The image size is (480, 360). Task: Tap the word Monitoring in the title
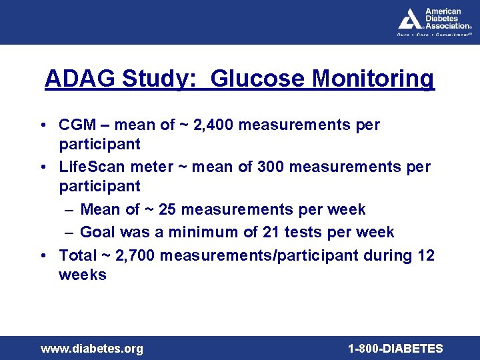pyautogui.click(x=373, y=79)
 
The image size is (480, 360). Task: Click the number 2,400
pyautogui.click(x=212, y=125)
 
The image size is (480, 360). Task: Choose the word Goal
pyautogui.click(x=97, y=232)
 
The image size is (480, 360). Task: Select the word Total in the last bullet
pyautogui.click(x=78, y=255)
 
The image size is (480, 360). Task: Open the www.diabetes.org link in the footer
pyautogui.click(x=91, y=349)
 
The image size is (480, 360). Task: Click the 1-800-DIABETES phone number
pyautogui.click(x=395, y=349)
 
